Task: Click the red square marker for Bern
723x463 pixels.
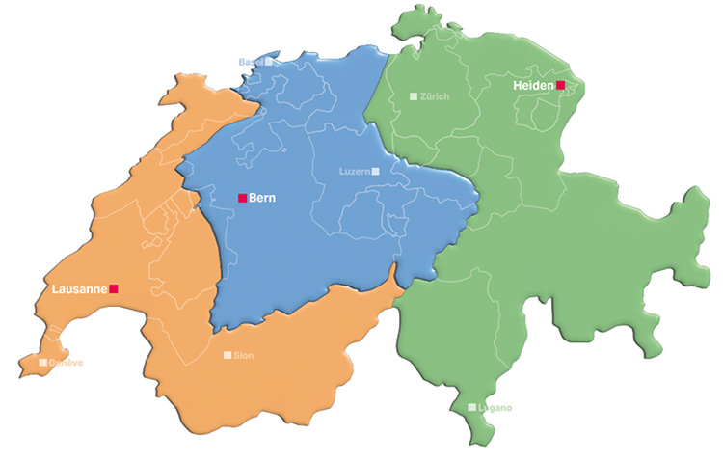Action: pyautogui.click(x=242, y=198)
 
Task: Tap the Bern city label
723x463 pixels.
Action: pyautogui.click(x=263, y=198)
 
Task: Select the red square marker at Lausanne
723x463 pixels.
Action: pyautogui.click(x=114, y=288)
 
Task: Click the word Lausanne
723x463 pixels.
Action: pyautogui.click(x=77, y=288)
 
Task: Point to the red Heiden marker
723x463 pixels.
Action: pyautogui.click(x=560, y=85)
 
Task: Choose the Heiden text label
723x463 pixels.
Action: pyautogui.click(x=533, y=85)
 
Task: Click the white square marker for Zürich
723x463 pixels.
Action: pyautogui.click(x=414, y=96)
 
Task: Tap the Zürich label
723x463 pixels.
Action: pyautogui.click(x=435, y=96)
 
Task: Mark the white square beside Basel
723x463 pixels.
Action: pyautogui.click(x=268, y=62)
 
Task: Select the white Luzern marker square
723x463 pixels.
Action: pyautogui.click(x=376, y=171)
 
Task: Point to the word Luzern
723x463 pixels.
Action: pyautogui.click(x=355, y=171)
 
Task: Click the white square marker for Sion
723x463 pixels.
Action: pyautogui.click(x=227, y=355)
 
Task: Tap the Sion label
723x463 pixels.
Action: pyautogui.click(x=245, y=355)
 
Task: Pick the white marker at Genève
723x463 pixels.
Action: pyautogui.click(x=42, y=363)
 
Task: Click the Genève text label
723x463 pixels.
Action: pyautogui.click(x=67, y=363)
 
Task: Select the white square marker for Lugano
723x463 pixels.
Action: pyautogui.click(x=471, y=407)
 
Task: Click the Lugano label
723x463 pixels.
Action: pyautogui.click(x=495, y=407)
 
